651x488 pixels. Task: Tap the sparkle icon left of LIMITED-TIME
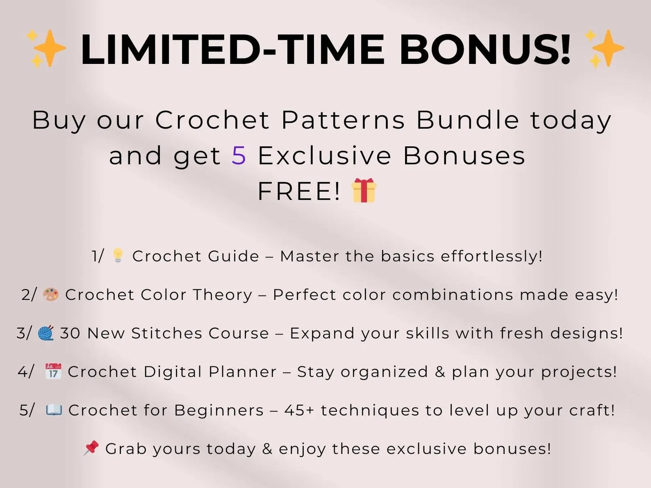46,48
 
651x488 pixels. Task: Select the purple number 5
239,156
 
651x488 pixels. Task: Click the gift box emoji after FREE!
364,190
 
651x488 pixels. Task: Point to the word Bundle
468,120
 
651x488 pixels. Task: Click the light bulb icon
118,255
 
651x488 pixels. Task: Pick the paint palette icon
50,294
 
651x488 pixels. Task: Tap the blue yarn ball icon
46,333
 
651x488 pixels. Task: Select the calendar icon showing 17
53,371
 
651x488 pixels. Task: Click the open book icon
54,410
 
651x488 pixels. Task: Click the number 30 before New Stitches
70,334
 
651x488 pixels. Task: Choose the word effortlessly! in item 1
492,256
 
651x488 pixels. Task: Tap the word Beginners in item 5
219,411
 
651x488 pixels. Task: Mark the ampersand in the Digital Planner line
440,372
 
